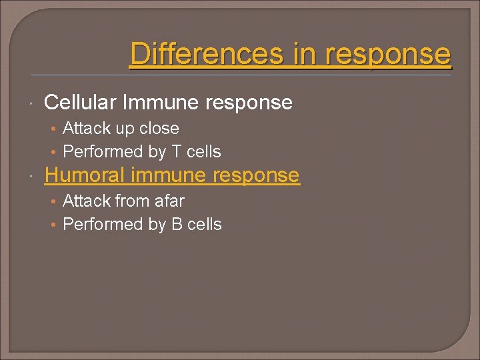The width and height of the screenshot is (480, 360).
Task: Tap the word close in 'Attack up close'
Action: click(159, 128)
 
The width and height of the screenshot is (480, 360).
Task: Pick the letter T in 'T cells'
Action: click(177, 152)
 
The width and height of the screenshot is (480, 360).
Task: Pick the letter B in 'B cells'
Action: click(177, 225)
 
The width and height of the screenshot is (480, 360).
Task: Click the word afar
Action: click(168, 201)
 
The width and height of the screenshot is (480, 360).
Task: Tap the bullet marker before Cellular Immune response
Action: click(31, 104)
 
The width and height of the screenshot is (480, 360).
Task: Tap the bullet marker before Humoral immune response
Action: click(31, 177)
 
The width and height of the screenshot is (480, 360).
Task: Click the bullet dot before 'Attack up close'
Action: click(55, 129)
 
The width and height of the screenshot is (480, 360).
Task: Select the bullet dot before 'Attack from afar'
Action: click(55, 201)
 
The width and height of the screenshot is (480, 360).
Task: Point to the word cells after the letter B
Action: click(205, 225)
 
